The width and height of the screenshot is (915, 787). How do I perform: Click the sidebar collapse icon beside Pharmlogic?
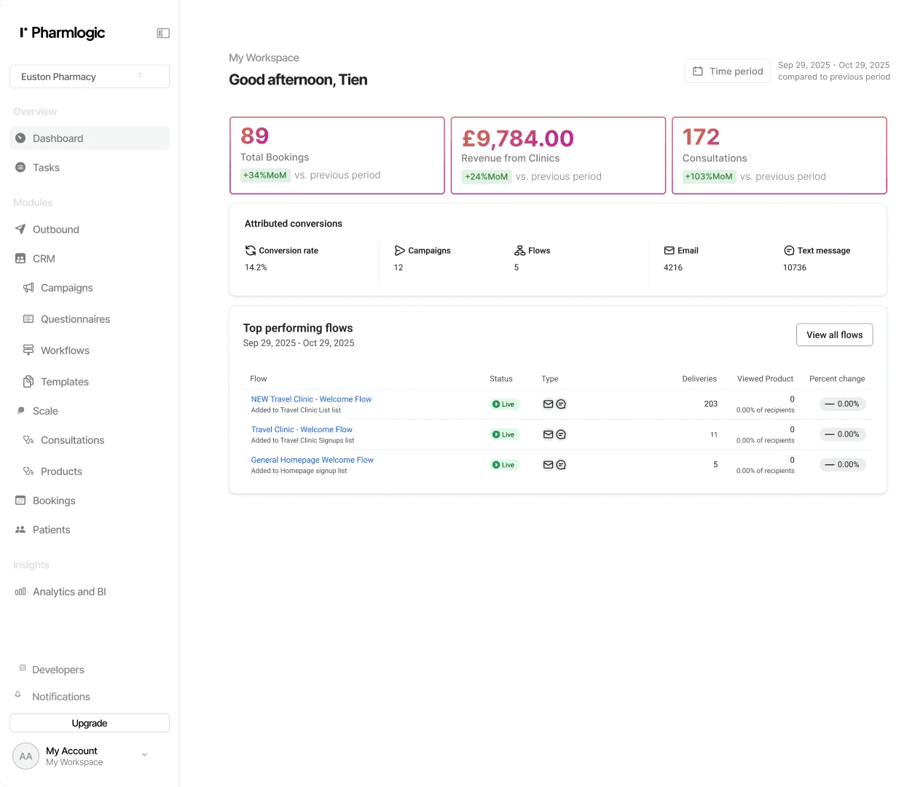click(x=163, y=34)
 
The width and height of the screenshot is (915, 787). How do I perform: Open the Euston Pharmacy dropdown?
click(x=90, y=77)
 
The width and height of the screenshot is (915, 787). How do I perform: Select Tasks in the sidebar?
click(x=46, y=168)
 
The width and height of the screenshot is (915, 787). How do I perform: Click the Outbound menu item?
click(x=56, y=230)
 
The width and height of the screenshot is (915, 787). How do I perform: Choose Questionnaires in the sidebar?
click(x=75, y=319)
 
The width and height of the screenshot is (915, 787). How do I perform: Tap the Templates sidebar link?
click(x=65, y=382)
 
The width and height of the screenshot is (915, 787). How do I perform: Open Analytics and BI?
click(x=69, y=592)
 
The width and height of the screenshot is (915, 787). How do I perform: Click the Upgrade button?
click(x=90, y=723)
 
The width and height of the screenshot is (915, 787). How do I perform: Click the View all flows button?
click(x=834, y=334)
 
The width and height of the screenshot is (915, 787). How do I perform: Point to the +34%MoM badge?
click(x=264, y=176)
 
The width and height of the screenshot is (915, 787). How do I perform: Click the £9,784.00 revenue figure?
click(x=517, y=138)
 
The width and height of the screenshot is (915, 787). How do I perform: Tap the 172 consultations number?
click(x=701, y=137)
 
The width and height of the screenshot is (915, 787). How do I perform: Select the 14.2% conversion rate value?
click(x=256, y=267)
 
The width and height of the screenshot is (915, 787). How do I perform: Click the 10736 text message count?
click(x=795, y=267)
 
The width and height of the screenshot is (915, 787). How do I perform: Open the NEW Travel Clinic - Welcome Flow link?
click(x=311, y=399)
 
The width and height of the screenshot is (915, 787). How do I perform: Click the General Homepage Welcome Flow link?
click(x=312, y=460)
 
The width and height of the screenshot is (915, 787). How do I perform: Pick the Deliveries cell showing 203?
click(x=710, y=404)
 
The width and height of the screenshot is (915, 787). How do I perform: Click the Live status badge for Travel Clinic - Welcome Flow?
click(x=503, y=434)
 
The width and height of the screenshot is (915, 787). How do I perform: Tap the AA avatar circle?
click(x=25, y=756)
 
